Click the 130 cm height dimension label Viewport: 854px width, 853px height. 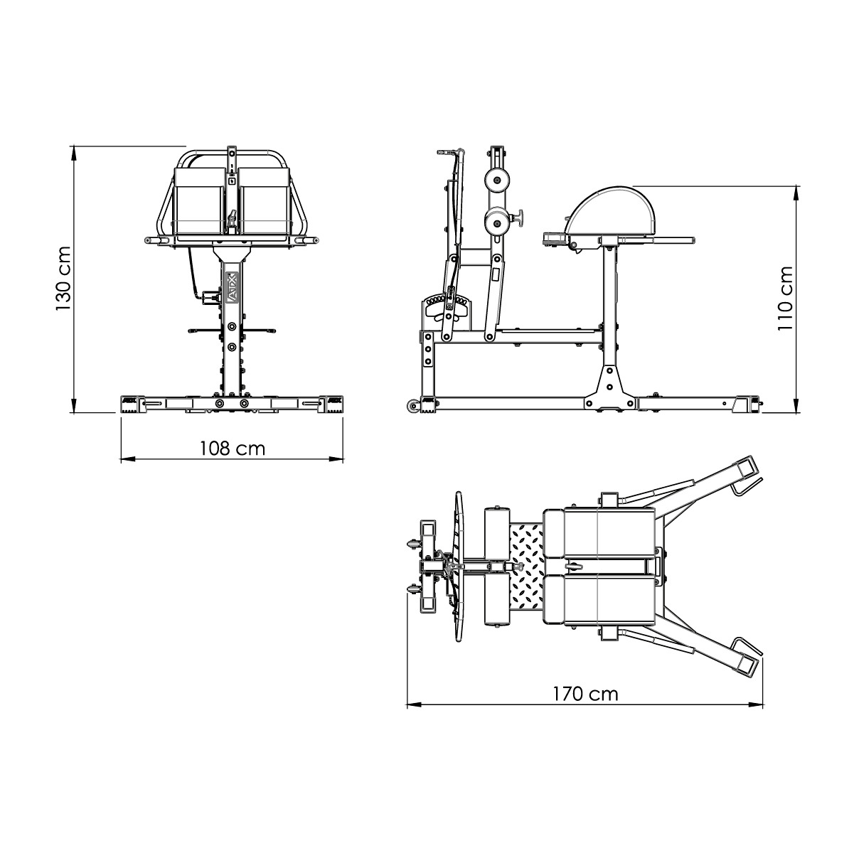pos(63,279)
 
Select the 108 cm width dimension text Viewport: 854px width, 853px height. pos(232,449)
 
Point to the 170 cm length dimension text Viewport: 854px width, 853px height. pos(585,694)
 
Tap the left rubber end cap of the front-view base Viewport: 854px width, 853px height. pos(131,403)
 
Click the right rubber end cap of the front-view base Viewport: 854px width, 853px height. pos(333,403)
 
